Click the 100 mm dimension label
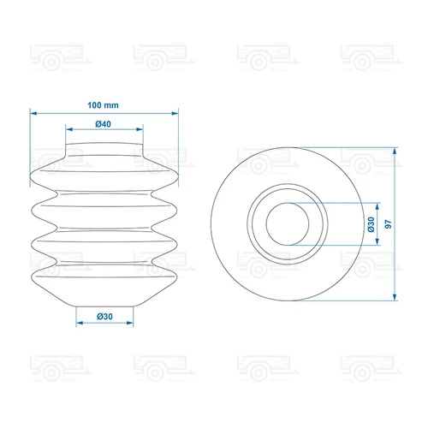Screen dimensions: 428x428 click(103, 105)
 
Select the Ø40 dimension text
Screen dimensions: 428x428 click(103, 124)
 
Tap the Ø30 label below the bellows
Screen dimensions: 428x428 click(104, 317)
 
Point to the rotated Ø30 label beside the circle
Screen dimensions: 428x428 click(371, 224)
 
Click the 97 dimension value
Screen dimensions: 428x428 click(389, 224)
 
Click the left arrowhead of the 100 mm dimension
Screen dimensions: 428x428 click(33, 113)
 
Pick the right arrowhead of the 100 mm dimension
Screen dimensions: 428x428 click(175, 113)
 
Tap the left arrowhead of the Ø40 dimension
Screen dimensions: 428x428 click(69, 129)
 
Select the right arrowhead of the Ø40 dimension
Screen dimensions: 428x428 click(140, 129)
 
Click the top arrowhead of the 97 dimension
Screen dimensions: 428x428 click(395, 152)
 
